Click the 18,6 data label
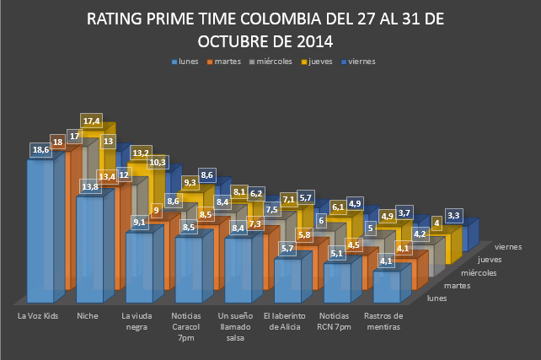click(x=40, y=149)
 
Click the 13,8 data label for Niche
click(x=88, y=185)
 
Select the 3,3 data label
click(x=453, y=216)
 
